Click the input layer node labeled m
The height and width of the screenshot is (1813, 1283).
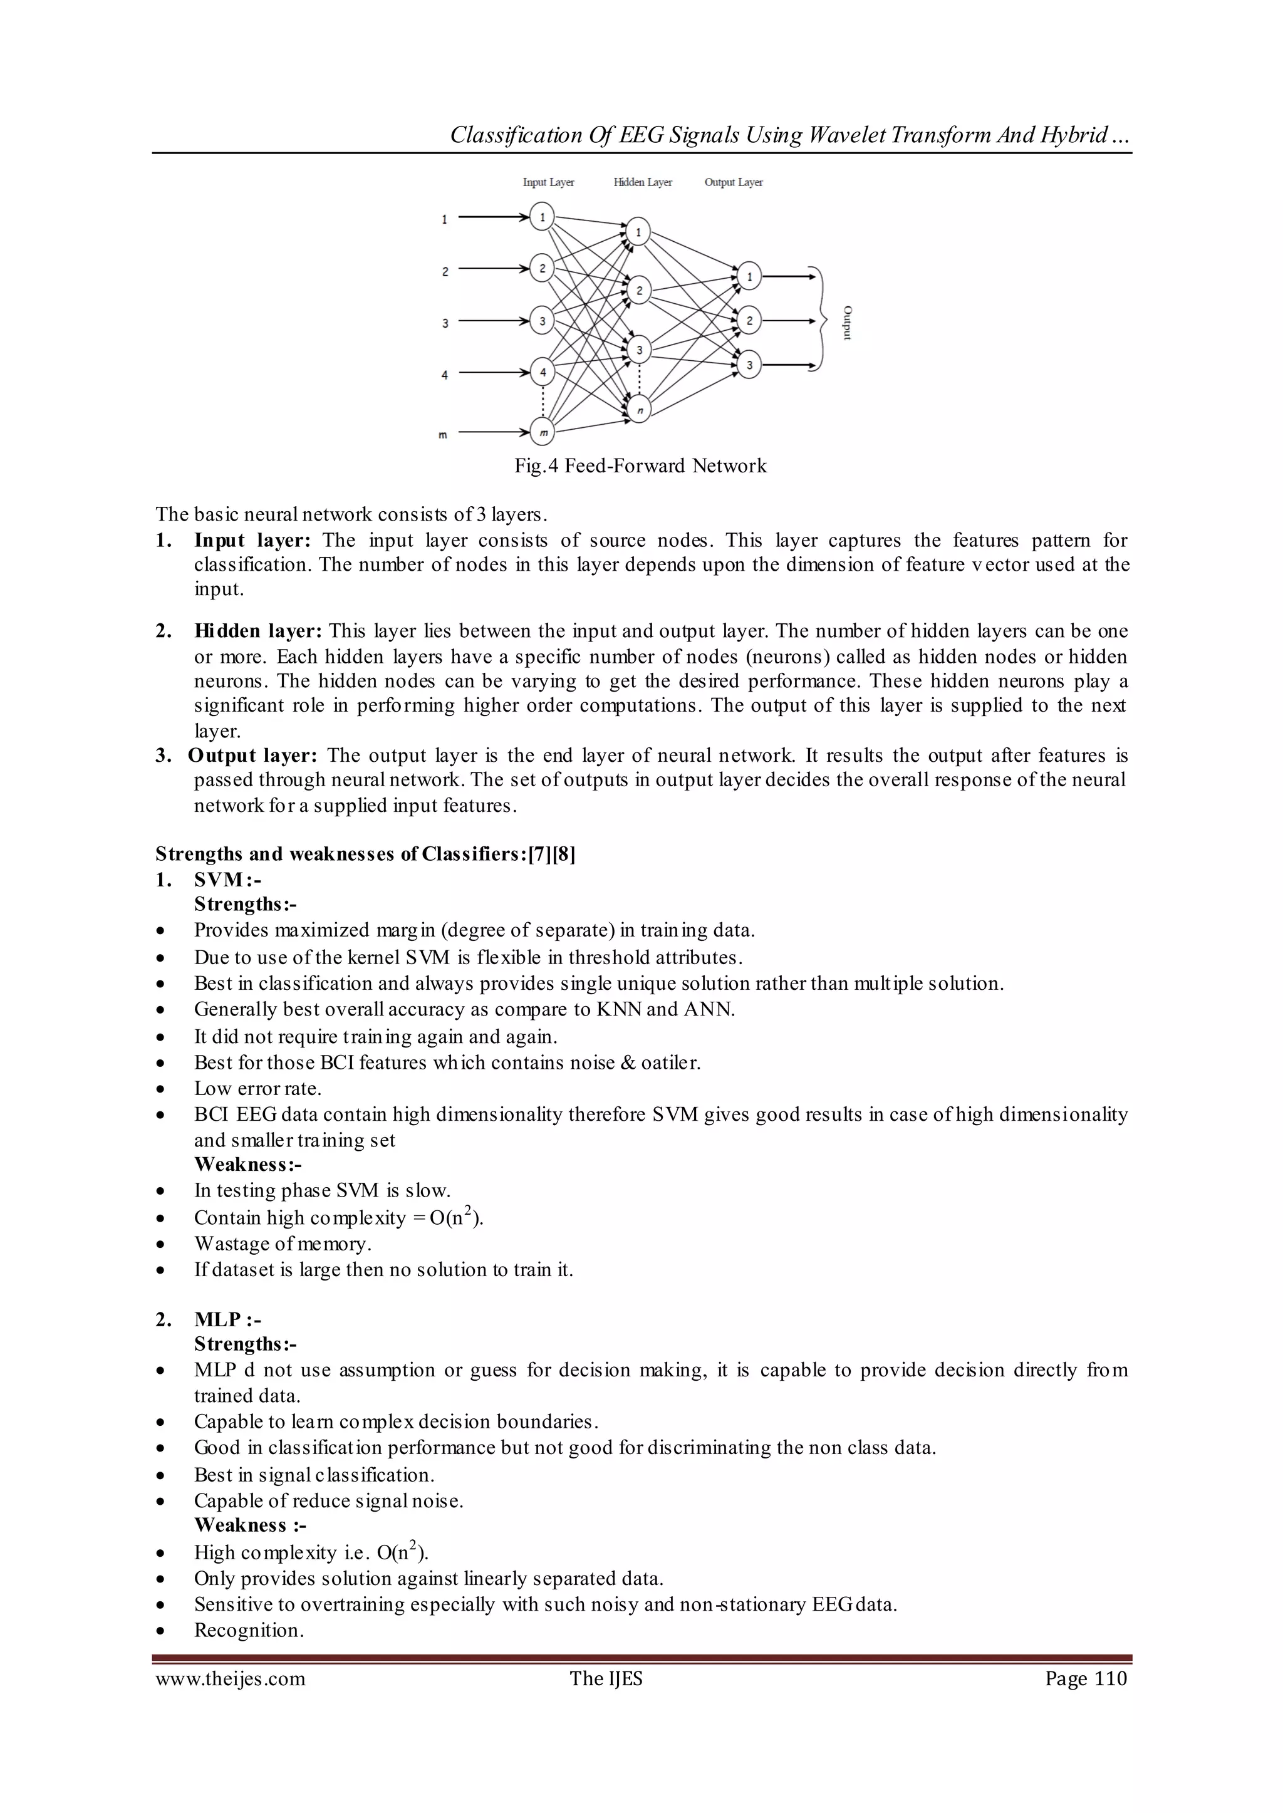(543, 432)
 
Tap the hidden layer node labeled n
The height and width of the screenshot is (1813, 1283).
(638, 409)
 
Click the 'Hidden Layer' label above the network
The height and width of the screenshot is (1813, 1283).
(642, 182)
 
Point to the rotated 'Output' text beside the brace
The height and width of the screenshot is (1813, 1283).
(847, 322)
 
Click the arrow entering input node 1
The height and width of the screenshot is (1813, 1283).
(493, 216)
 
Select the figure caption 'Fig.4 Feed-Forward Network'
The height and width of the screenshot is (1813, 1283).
(640, 466)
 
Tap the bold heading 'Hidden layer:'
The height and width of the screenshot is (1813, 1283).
(257, 631)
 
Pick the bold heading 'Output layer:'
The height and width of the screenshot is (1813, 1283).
(252, 756)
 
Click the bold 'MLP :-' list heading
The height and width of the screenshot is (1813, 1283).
(227, 1319)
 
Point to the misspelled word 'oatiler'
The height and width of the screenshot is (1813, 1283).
(670, 1062)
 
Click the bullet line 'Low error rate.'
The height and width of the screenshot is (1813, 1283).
(257, 1089)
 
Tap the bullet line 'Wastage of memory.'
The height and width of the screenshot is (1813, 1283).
(282, 1244)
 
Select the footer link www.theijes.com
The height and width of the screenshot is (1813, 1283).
(230, 1679)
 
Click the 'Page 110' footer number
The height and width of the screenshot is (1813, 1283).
(1086, 1679)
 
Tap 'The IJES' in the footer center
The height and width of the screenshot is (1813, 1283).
(606, 1679)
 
